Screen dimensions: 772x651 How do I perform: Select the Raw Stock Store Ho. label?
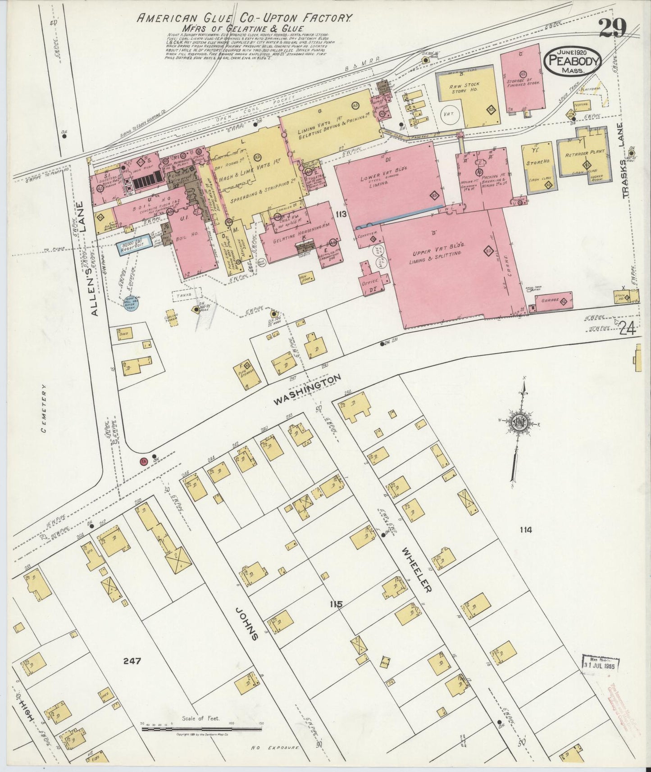[x=466, y=87]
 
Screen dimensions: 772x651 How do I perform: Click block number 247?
[x=132, y=662]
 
